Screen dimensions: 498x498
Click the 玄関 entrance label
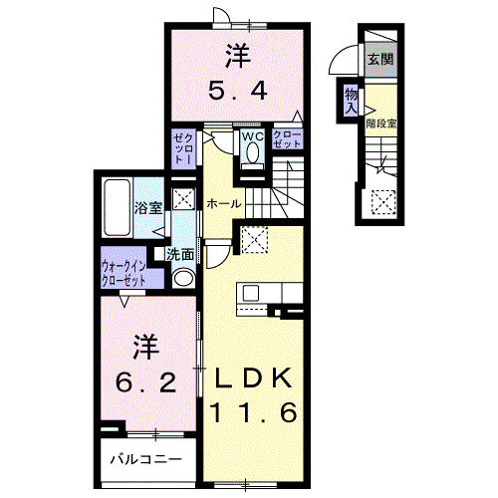[x=380, y=60]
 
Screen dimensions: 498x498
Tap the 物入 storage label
[x=351, y=102]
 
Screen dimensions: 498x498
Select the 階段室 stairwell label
[x=381, y=124]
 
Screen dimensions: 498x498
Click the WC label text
[x=253, y=136]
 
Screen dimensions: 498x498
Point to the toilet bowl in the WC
[x=253, y=152]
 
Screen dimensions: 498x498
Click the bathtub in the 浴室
[x=117, y=208]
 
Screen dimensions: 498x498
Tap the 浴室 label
[x=148, y=208]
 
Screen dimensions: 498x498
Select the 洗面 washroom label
[x=180, y=255]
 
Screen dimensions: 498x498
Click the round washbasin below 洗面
[x=183, y=278]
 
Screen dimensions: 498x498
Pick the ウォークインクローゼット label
[x=124, y=274]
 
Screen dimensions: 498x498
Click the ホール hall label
[x=224, y=204]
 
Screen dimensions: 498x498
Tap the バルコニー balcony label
[x=146, y=460]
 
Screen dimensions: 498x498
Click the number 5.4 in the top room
[x=238, y=91]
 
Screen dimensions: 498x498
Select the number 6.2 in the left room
[x=145, y=382]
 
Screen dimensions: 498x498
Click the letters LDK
[x=253, y=378]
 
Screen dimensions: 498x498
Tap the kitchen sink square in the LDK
[x=251, y=293]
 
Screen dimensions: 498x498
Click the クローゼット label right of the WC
[x=287, y=139]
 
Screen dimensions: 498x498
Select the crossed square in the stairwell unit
[x=383, y=202]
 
